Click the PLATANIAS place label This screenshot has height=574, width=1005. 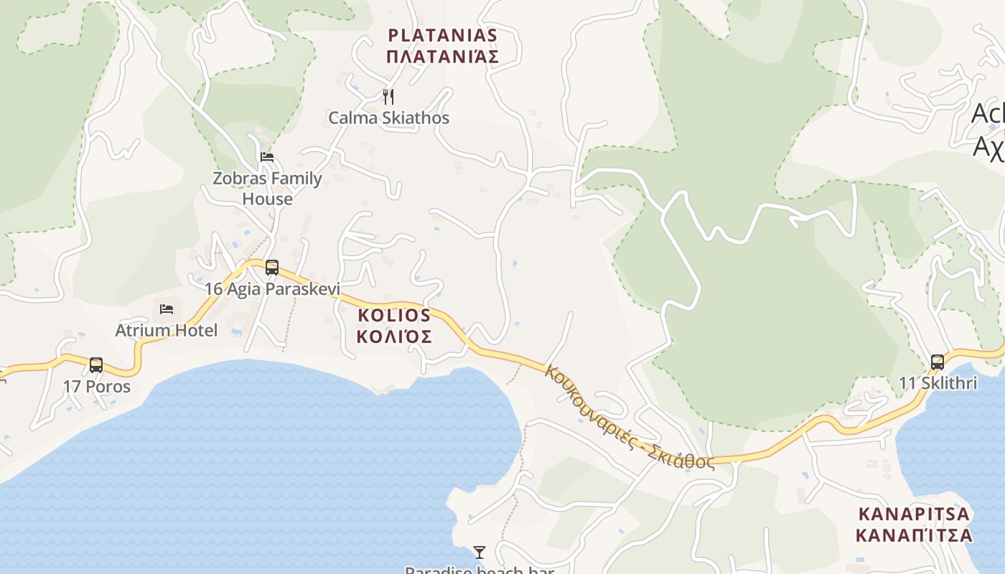point(442,35)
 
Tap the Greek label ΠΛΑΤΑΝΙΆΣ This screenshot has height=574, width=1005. point(442,57)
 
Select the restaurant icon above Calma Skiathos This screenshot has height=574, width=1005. point(388,97)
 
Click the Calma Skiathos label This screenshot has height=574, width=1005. point(388,118)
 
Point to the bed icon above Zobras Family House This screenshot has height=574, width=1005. point(267,156)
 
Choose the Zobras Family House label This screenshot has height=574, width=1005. point(267,188)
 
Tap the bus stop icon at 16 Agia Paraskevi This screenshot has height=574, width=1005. point(272,268)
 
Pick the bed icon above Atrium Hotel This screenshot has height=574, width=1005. point(167,309)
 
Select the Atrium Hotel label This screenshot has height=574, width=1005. point(167,330)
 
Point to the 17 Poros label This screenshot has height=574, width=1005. point(96,386)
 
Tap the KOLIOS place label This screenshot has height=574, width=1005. point(394,315)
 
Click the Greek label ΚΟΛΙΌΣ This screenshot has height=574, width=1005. point(394,337)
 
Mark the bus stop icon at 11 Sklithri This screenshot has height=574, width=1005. point(937,362)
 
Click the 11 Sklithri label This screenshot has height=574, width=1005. point(938,383)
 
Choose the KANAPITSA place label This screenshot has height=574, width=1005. point(914,514)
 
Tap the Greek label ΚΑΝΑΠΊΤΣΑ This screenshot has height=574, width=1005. point(914,535)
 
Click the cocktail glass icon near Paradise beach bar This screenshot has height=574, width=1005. point(480,552)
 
